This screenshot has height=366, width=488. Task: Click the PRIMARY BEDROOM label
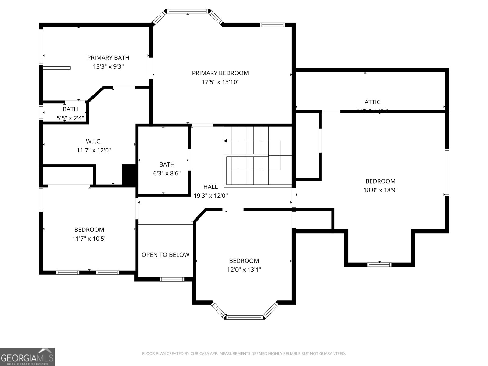(x=220, y=73)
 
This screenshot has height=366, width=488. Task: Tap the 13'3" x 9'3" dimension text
(x=108, y=66)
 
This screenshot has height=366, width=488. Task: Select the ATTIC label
(x=372, y=102)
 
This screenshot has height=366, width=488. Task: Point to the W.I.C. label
(x=94, y=141)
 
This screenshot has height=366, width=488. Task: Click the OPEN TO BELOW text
(x=165, y=255)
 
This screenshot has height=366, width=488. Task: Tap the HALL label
(x=210, y=187)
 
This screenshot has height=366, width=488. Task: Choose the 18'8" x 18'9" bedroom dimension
(x=380, y=190)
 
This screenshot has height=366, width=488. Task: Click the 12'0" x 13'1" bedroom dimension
(x=244, y=270)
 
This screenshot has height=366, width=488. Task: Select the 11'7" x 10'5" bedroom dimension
(x=89, y=239)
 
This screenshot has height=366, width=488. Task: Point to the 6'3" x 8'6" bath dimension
(x=167, y=173)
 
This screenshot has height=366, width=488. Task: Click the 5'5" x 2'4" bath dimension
(x=70, y=118)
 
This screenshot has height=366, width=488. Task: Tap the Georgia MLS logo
(x=27, y=357)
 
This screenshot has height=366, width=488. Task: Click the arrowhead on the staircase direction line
(x=226, y=141)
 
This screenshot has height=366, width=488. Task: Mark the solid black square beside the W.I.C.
(x=129, y=174)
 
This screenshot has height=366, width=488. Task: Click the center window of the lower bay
(x=245, y=318)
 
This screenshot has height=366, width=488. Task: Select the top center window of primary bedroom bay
(x=188, y=12)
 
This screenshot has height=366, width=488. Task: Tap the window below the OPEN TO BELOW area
(x=172, y=279)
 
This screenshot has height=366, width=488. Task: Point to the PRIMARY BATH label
(x=108, y=58)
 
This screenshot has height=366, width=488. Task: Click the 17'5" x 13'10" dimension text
(x=220, y=82)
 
